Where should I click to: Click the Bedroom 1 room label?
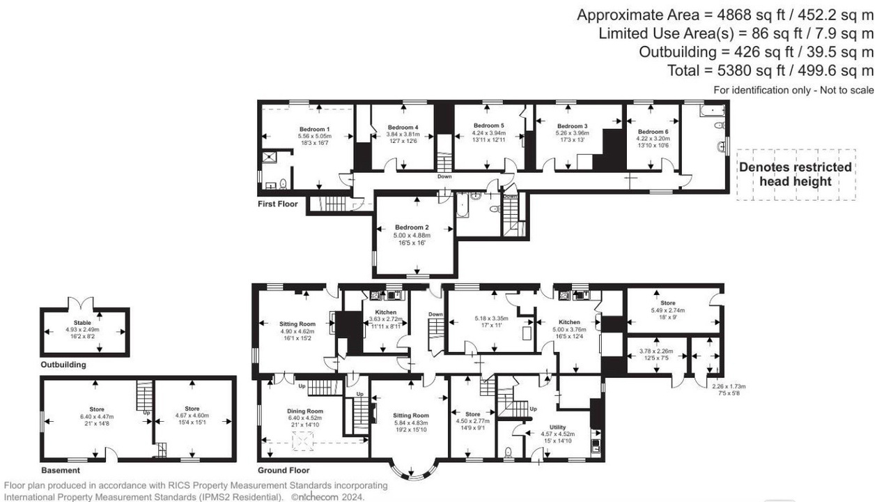[314, 130]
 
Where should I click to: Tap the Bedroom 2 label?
[411, 228]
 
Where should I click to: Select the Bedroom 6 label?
[652, 132]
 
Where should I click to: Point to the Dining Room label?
[304, 411]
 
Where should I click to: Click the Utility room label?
[557, 427]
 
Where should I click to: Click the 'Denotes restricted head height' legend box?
[795, 174]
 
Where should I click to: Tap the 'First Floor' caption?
[277, 204]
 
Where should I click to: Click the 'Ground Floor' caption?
[284, 471]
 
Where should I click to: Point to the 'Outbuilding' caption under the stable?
[63, 365]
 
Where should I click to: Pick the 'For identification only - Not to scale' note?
[793, 91]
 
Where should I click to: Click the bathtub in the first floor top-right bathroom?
[712, 110]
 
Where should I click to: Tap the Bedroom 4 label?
[402, 128]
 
